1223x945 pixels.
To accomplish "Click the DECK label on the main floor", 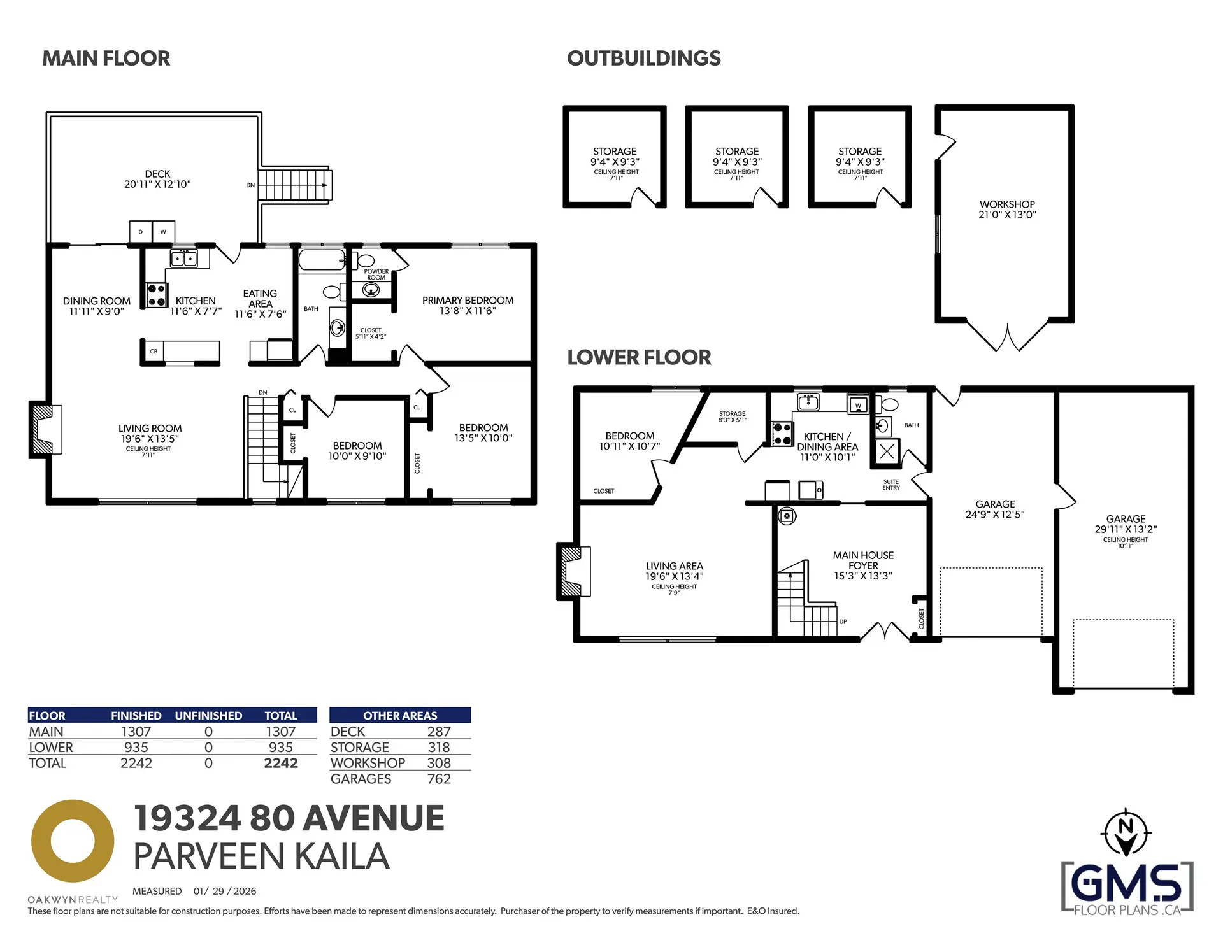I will (x=157, y=179).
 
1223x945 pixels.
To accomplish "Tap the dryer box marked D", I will (x=141, y=232).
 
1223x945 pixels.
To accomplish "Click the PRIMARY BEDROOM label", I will (x=468, y=305).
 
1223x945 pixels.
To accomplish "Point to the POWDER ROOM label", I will (x=376, y=274).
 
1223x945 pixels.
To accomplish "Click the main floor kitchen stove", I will (x=157, y=295).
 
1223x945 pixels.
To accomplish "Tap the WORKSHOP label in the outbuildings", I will (x=1007, y=209).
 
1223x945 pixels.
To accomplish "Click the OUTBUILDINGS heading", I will (x=643, y=59).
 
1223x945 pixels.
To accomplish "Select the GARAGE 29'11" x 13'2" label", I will (x=1126, y=523).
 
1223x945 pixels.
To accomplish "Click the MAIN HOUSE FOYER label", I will (x=863, y=565).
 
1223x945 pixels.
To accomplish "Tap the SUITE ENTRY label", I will (x=891, y=485).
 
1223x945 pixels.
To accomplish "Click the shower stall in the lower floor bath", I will (x=887, y=452).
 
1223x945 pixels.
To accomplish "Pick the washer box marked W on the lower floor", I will (x=858, y=405).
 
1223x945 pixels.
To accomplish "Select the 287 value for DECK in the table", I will (x=439, y=732).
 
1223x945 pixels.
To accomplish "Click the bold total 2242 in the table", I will (x=281, y=763).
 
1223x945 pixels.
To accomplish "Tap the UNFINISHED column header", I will (x=208, y=716).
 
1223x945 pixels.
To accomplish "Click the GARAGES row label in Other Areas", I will (x=361, y=779).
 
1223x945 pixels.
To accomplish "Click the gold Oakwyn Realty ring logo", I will (x=73, y=841).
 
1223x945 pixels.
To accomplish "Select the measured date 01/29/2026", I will (x=225, y=891).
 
